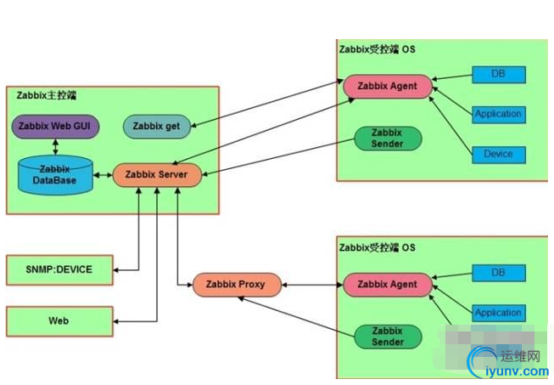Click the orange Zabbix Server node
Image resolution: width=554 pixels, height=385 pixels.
tap(156, 175)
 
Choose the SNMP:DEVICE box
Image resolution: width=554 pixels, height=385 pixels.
tap(59, 269)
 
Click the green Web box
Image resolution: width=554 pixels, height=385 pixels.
tap(59, 321)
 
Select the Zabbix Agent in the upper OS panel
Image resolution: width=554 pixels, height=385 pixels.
tap(387, 86)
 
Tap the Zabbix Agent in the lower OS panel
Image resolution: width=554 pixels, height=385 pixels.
tap(387, 284)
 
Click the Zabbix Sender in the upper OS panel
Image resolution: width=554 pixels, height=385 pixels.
tap(387, 138)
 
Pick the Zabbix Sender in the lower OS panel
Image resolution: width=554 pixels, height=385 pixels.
tap(387, 336)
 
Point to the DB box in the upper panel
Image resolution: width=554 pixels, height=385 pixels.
tap(497, 75)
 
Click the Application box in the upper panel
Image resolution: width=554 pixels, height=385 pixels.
tap(498, 114)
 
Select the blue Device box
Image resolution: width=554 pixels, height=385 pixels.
tap(498, 154)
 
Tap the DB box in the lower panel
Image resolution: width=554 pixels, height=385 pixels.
tap(497, 273)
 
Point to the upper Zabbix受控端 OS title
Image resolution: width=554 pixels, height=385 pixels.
tap(377, 48)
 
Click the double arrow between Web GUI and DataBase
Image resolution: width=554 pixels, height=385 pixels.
tap(56, 145)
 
